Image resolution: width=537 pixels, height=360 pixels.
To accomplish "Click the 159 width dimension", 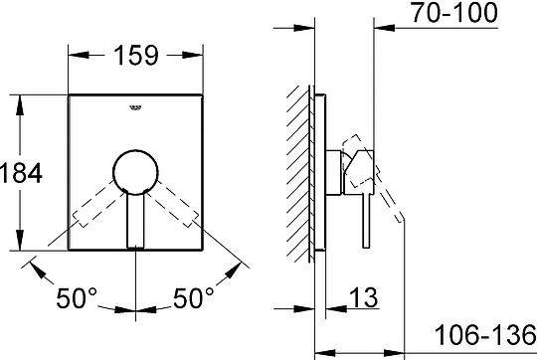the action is pyautogui.click(x=136, y=55).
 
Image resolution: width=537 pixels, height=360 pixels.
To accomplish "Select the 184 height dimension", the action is pyautogui.click(x=21, y=173).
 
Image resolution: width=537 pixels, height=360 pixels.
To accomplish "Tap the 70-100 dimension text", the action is pyautogui.click(x=454, y=13).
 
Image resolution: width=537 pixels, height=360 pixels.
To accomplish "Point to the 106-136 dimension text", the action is pyautogui.click(x=485, y=335).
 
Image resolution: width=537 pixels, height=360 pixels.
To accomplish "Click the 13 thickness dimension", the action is pyautogui.click(x=363, y=297).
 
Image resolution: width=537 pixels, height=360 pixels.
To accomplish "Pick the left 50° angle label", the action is pyautogui.click(x=77, y=298).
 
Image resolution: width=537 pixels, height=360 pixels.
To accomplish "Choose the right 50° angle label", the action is pyautogui.click(x=194, y=298).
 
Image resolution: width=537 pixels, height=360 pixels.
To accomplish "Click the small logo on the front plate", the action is pyautogui.click(x=135, y=107).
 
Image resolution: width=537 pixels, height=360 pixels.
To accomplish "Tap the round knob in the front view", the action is pyautogui.click(x=135, y=172).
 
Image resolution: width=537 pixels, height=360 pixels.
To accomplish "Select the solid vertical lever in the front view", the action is pyautogui.click(x=135, y=221).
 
